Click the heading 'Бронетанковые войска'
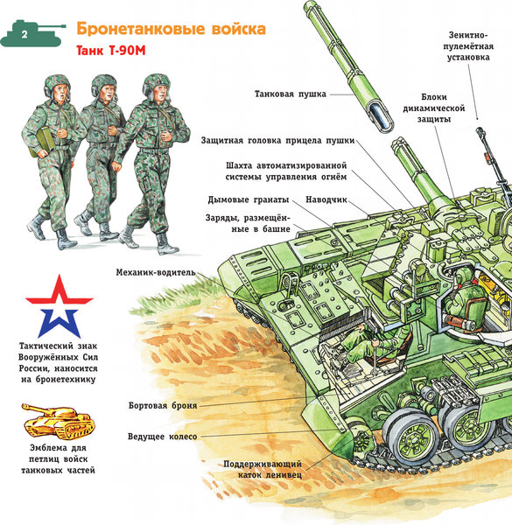(172, 29)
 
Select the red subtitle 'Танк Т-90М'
(111, 51)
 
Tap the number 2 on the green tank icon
(25, 34)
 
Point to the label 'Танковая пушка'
(290, 94)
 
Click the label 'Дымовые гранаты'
(249, 199)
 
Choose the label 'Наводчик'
(326, 199)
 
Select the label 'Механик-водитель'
(156, 272)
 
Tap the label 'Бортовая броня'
(163, 406)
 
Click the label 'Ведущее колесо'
(162, 437)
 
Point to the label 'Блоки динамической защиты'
(434, 108)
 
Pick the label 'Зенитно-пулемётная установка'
(468, 46)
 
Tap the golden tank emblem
(59, 421)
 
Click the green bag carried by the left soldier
(41, 143)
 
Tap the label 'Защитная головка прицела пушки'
(277, 141)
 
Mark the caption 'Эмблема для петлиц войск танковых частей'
(59, 458)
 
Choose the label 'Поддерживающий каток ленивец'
(263, 469)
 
